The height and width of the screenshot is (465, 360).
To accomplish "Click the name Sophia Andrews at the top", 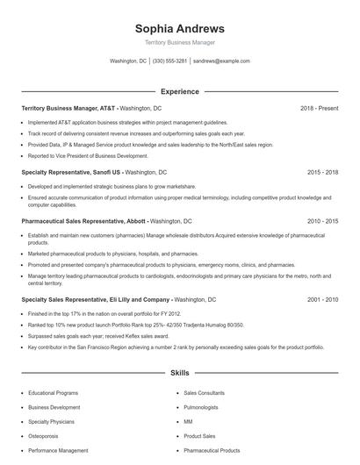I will click(x=179, y=28).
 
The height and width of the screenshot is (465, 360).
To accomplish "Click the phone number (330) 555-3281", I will click(x=169, y=61).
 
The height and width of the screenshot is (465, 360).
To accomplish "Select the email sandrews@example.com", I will click(x=221, y=61).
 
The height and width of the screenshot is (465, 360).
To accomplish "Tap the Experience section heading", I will click(x=179, y=91).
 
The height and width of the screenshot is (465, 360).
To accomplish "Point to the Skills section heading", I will click(x=179, y=373).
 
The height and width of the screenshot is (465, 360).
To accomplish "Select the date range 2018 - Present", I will click(x=319, y=108).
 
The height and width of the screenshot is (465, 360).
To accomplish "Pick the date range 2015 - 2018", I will click(x=322, y=173).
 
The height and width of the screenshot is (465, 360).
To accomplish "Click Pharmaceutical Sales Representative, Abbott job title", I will click(x=84, y=222).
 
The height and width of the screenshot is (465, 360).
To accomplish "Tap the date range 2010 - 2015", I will click(x=322, y=222).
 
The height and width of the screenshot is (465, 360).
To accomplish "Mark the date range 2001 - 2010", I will click(x=322, y=299).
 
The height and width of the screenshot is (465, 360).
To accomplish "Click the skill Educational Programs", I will click(x=54, y=394).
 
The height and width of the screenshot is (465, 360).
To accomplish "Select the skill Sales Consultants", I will click(x=207, y=394).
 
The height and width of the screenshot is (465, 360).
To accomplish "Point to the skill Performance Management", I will click(x=58, y=450).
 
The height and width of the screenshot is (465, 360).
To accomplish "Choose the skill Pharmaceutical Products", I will click(x=212, y=450).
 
